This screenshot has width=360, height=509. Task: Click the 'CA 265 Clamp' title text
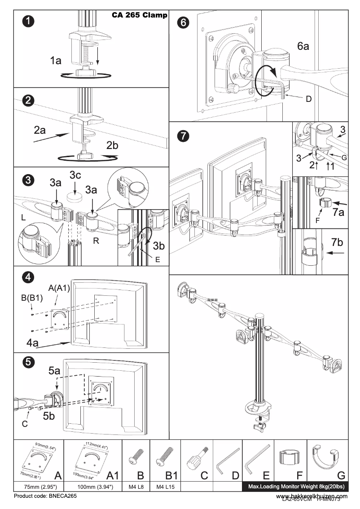140,15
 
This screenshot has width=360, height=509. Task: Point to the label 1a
56,61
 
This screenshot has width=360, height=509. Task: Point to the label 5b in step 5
49,416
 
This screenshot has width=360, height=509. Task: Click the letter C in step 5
25,423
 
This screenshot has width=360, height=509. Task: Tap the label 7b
337,242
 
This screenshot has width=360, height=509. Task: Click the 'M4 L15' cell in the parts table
166,487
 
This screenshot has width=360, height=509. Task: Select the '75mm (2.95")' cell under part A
39,487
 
